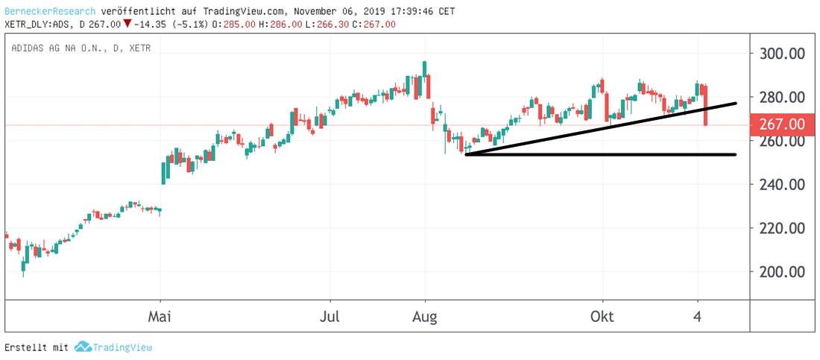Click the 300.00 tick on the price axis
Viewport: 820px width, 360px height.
point(781,54)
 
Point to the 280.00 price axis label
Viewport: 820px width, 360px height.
point(781,97)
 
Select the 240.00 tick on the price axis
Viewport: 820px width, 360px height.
point(781,184)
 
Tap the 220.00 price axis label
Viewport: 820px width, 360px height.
point(781,228)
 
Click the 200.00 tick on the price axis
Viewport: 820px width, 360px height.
point(781,271)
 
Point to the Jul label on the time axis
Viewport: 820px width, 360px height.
point(330,316)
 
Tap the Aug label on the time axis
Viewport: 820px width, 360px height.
point(425,316)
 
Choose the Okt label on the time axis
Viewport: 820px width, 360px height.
point(602,316)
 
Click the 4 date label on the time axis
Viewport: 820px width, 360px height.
point(698,316)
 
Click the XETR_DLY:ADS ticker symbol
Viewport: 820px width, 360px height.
point(39,25)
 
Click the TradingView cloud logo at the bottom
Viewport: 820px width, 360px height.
point(83,347)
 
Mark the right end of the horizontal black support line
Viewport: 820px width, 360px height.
point(735,154)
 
